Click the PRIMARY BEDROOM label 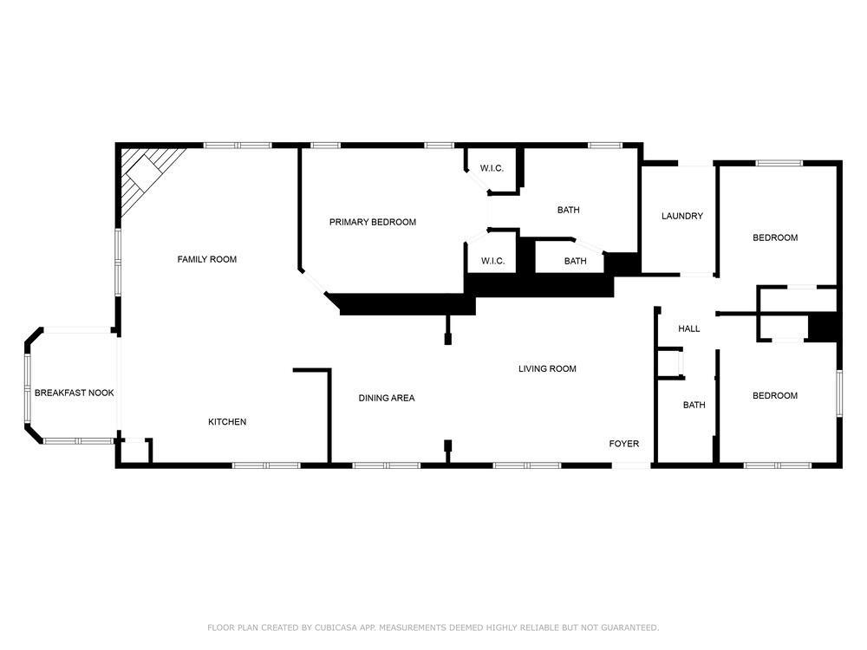pos(373,222)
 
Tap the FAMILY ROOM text pos(207,259)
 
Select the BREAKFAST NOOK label pos(74,393)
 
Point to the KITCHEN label pos(227,422)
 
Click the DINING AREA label pos(387,398)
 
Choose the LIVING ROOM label pos(547,368)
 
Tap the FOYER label pos(623,444)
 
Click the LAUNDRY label pos(682,216)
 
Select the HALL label pos(689,328)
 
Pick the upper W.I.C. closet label pos(492,168)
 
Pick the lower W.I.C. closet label pos(492,261)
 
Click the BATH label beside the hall pos(694,405)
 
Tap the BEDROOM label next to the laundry pos(775,237)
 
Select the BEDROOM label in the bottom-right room pos(775,396)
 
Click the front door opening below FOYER pos(631,465)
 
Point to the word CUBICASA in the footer pos(337,627)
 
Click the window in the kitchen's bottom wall pos(266,465)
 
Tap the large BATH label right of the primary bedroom pos(569,210)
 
